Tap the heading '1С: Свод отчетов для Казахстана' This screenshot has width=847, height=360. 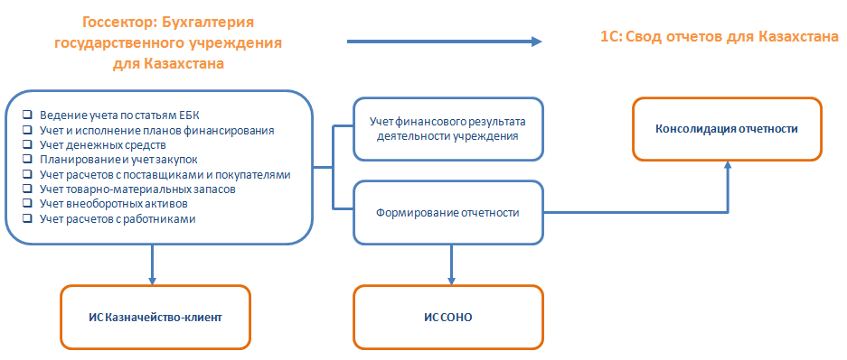(719, 37)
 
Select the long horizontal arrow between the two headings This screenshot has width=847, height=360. (443, 42)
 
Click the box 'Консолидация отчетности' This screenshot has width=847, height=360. (728, 129)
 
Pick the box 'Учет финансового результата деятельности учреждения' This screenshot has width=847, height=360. (447, 128)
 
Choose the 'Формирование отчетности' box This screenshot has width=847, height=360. (447, 213)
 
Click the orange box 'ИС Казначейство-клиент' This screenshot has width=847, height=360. (155, 317)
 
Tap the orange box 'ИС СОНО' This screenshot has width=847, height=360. (447, 317)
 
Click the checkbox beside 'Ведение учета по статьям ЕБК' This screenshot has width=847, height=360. (28, 115)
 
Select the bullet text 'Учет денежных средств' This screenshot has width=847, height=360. (104, 144)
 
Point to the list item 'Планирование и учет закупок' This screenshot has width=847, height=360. (118, 159)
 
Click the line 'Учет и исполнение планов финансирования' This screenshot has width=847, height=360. (157, 130)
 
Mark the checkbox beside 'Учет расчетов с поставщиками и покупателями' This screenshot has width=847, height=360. (28, 174)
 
